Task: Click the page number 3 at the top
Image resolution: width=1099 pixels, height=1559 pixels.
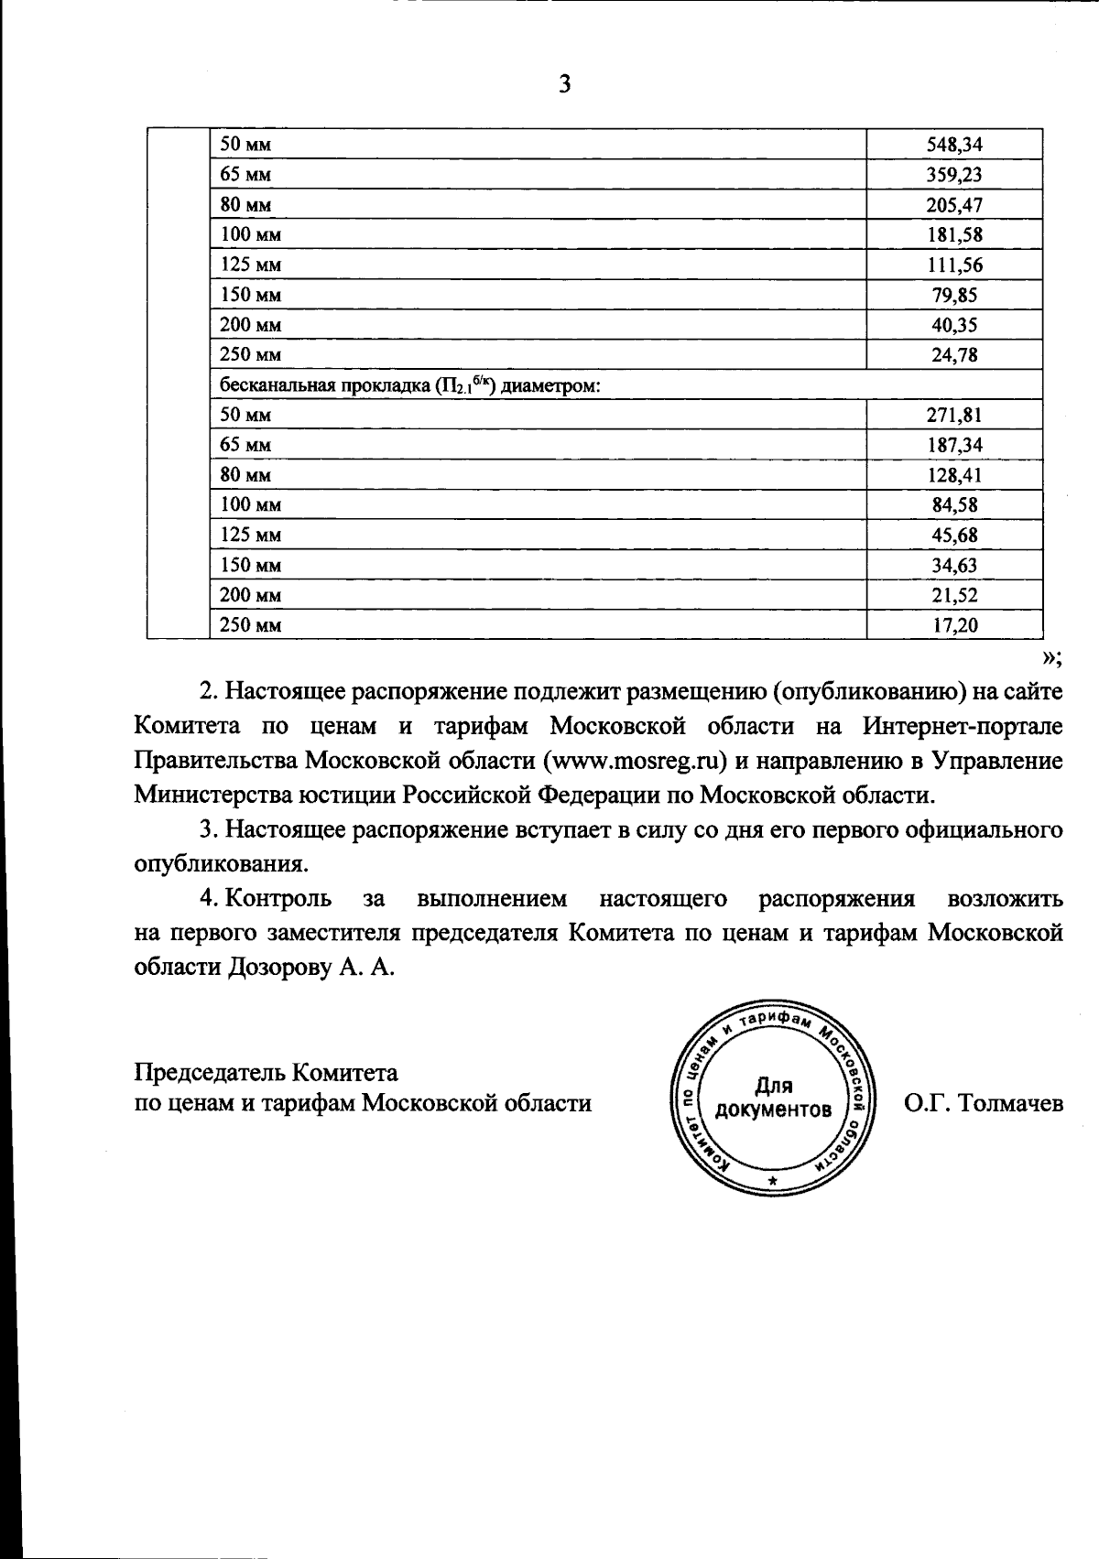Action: pos(564,85)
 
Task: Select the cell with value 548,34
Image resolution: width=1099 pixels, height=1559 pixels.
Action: pos(954,145)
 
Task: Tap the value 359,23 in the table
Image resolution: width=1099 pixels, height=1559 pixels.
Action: pos(954,175)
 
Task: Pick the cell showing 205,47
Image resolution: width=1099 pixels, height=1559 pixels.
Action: pos(954,205)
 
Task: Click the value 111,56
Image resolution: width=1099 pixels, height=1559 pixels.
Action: pos(954,265)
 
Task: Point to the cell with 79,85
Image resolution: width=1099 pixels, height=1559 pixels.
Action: pos(954,295)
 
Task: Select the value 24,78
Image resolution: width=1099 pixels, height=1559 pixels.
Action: pos(954,355)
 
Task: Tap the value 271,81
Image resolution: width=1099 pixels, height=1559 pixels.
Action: pos(954,415)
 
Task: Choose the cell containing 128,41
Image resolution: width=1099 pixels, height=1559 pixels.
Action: pos(954,475)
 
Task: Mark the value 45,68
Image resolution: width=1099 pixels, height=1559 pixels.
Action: pos(954,536)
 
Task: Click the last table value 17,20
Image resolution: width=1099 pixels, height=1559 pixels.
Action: pos(954,625)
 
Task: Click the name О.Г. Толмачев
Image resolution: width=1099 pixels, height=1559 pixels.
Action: pos(983,1103)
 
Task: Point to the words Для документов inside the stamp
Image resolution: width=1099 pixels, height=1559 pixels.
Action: pos(774,1099)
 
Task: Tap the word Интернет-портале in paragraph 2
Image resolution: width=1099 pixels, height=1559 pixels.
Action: pos(963,726)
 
